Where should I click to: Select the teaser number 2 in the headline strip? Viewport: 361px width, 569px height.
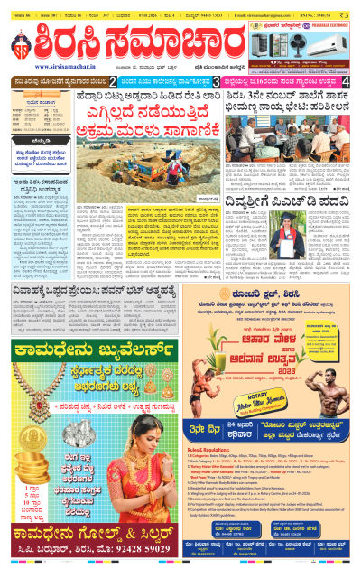point(126,81)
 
